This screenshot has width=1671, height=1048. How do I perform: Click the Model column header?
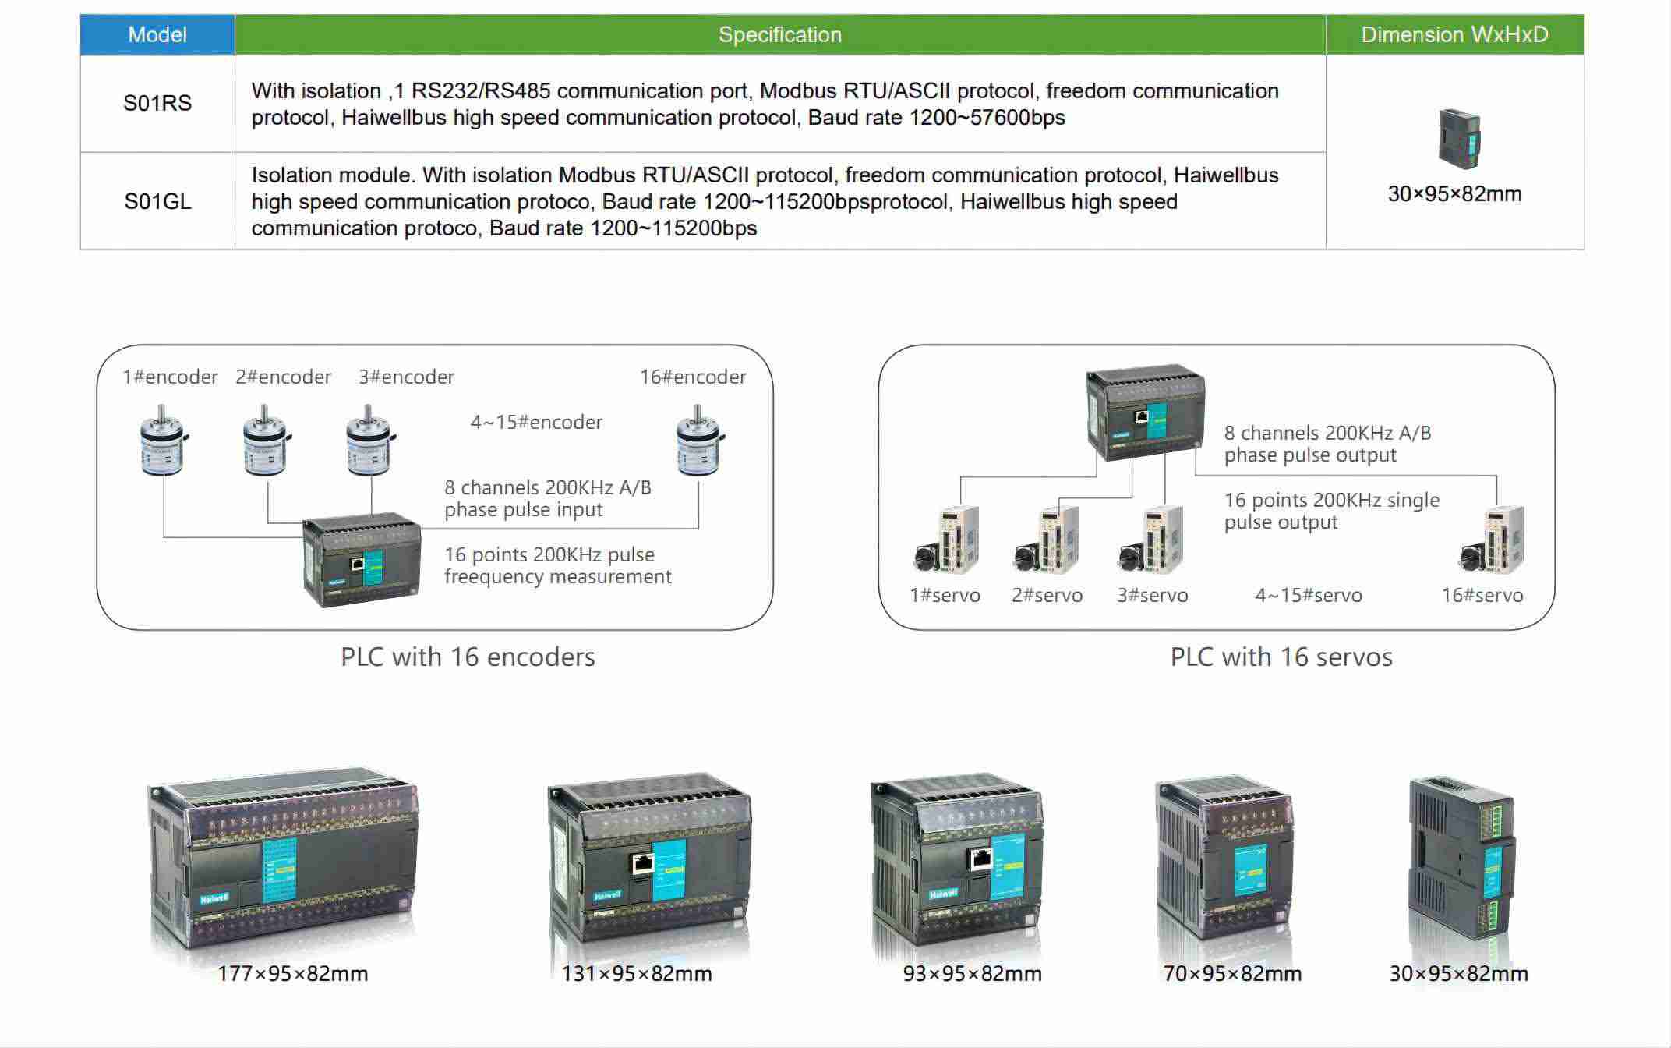coord(157,35)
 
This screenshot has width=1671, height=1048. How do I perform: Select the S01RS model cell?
coord(157,104)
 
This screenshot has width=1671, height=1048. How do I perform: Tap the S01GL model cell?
coord(157,202)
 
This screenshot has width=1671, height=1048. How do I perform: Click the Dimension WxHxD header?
coord(1454,35)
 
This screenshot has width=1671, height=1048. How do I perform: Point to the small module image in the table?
coord(1458,138)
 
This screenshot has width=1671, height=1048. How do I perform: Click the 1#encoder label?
coord(170,377)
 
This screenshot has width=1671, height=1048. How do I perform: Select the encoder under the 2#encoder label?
coord(266,441)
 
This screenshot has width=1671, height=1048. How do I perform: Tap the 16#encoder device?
coord(699,441)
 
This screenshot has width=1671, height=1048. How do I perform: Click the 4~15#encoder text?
coord(536,423)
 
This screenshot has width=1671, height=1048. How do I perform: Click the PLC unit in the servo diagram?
coord(1145,412)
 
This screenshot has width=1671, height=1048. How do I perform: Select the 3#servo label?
coord(1153,596)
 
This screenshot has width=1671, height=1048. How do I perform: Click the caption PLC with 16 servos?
coord(1281,657)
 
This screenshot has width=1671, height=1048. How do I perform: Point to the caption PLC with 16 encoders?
coord(468,657)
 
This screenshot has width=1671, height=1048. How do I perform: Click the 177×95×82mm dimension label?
coord(293,974)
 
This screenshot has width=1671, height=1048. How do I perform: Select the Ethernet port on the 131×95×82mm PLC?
coord(642,863)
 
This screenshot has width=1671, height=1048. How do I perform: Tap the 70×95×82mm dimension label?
coord(1232,974)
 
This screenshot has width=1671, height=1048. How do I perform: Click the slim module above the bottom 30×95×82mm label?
coord(1461,858)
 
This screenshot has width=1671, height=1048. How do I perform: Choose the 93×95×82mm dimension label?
coord(972,974)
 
